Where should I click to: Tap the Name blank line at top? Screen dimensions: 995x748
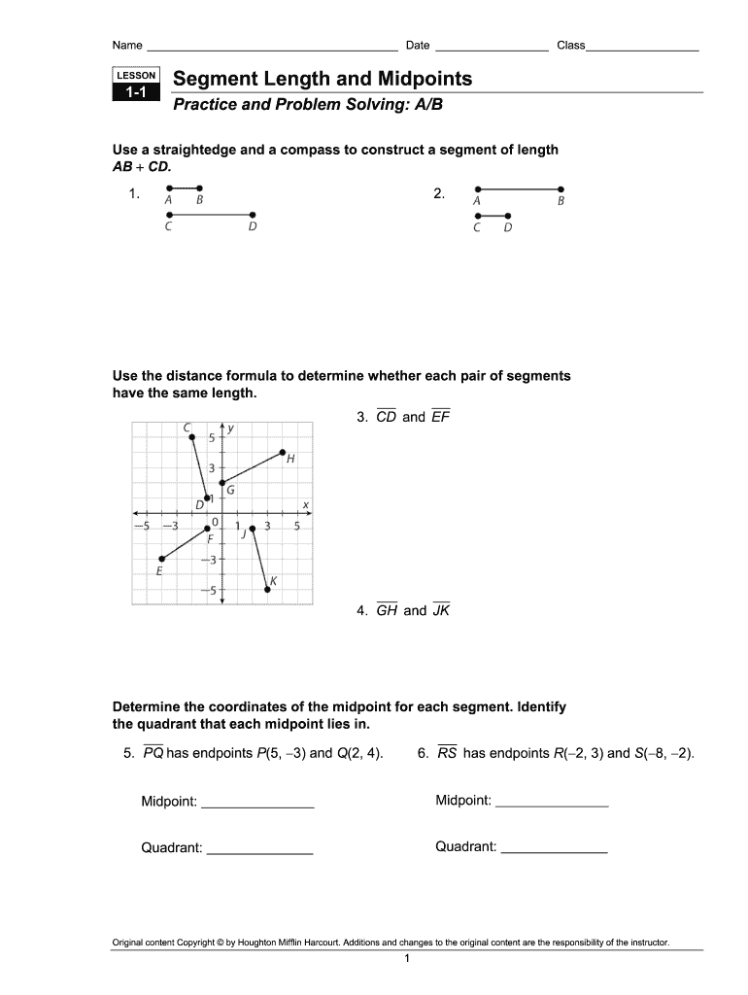point(270,47)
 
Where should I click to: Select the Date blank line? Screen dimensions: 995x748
point(492,47)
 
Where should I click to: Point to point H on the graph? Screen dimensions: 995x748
point(283,452)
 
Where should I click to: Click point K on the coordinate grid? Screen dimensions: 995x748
point(268,589)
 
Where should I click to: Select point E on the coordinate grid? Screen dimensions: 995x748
point(161,559)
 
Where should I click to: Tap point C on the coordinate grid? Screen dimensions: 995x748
point(191,437)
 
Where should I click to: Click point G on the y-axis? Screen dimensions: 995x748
point(222,483)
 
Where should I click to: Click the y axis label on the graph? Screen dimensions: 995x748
point(232,427)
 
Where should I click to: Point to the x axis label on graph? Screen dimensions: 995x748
point(305,504)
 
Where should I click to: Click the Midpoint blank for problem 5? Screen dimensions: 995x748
point(256,804)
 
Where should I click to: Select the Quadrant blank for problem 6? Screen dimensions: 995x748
point(553,848)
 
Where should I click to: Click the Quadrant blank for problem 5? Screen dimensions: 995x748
point(259,849)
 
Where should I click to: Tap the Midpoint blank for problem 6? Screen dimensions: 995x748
point(551,803)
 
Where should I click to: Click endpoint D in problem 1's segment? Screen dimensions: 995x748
point(253,215)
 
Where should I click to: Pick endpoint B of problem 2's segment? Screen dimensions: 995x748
point(561,189)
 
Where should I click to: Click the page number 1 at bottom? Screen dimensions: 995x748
point(408,959)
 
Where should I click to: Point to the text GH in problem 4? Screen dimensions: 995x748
point(387,610)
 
